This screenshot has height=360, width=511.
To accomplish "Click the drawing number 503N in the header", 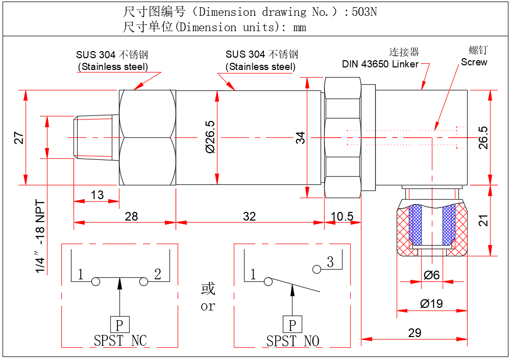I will [x=364, y=12].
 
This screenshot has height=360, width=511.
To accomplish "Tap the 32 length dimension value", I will [x=249, y=217].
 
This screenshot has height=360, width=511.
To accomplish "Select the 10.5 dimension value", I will [x=342, y=217].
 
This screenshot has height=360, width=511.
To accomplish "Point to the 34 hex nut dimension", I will [x=301, y=137].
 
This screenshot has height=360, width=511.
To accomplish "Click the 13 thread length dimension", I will [x=97, y=195].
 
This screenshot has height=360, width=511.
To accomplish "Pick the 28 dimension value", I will [x=131, y=217].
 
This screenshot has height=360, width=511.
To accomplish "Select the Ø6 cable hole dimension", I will [x=431, y=275].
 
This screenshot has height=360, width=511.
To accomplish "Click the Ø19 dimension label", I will [x=431, y=304].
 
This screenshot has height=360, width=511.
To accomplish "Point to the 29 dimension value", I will [x=415, y=333].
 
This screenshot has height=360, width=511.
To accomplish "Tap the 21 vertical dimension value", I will [x=483, y=220].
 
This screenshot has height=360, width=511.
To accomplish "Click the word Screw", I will [x=474, y=62].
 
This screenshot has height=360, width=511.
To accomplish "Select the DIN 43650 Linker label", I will [x=380, y=64].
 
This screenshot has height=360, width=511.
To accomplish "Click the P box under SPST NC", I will [x=119, y=325].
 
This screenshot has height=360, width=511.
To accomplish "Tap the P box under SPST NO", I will [x=292, y=325].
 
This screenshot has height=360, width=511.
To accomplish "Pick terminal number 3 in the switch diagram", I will [x=330, y=262].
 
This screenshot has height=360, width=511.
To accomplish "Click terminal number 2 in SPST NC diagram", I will [x=158, y=275].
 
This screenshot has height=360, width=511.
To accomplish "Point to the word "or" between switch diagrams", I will [x=208, y=306].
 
